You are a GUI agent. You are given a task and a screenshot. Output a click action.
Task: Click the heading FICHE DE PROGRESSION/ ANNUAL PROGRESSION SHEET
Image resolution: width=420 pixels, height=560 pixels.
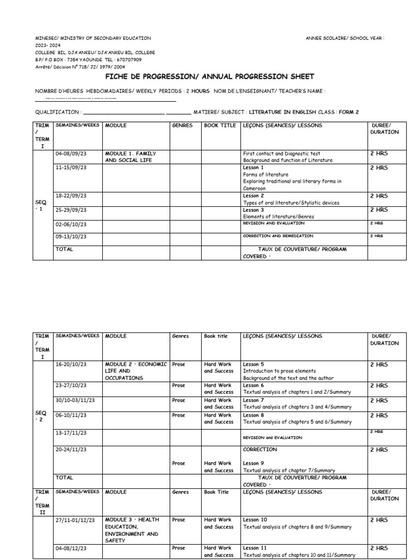click(209, 77)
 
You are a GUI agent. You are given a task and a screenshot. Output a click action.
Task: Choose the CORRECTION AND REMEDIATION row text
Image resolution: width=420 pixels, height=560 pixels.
click(278, 236)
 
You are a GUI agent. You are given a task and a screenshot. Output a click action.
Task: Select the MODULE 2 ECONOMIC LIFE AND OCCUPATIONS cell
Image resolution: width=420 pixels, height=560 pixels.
click(135, 371)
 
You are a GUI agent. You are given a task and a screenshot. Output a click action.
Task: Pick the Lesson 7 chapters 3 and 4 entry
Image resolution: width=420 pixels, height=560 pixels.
click(297, 404)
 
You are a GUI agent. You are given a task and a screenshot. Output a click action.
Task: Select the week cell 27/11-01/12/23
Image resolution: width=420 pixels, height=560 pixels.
click(75, 520)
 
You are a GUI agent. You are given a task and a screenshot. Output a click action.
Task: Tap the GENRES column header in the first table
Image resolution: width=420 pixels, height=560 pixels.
click(183, 125)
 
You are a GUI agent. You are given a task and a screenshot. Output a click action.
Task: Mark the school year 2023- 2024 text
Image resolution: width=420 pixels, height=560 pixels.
click(49, 45)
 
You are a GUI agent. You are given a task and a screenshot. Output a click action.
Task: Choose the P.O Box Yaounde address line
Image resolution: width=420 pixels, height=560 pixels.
click(88, 60)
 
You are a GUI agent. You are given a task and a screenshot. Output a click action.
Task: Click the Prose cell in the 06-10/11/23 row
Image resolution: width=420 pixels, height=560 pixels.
click(178, 415)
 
